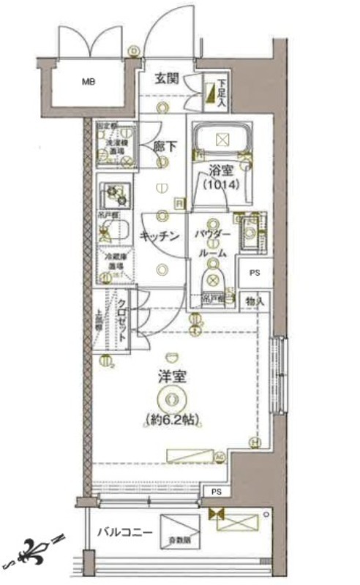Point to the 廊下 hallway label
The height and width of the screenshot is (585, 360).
coord(164,146)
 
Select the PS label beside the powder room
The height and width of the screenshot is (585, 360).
coord(254,274)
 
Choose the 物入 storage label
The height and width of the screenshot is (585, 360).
coord(255,301)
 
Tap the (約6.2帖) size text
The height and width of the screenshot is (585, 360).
coord(173,420)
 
